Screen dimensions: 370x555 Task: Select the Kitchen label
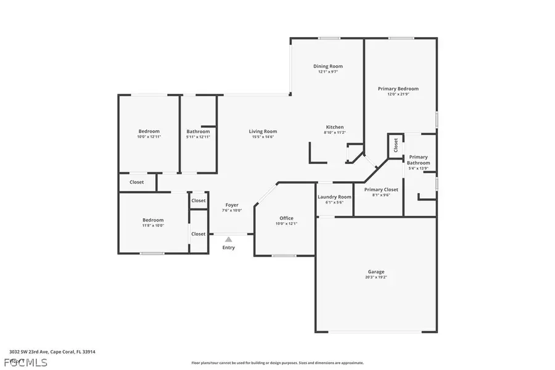coord(335,127)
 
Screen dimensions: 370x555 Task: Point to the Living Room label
coord(263,131)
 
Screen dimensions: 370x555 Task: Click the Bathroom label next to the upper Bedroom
coord(198,131)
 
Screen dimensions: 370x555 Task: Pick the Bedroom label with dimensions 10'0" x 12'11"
coord(149,131)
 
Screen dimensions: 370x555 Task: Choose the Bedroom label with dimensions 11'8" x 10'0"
coord(153,220)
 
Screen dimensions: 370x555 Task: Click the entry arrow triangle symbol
coord(229,239)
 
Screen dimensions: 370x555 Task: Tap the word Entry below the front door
coord(229,248)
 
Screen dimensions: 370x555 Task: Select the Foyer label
coord(232,205)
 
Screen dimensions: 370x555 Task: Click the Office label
coord(286,218)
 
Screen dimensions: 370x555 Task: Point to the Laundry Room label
coord(334,197)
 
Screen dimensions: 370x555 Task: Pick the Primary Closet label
coord(381,189)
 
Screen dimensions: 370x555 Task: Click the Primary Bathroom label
coord(419,160)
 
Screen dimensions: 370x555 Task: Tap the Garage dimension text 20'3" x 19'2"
coord(376,277)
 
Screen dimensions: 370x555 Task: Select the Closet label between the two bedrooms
coord(136,182)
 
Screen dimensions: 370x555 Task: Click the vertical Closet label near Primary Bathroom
coord(395,146)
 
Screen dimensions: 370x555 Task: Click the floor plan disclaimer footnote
coord(277,363)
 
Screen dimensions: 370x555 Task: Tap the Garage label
coord(376,271)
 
